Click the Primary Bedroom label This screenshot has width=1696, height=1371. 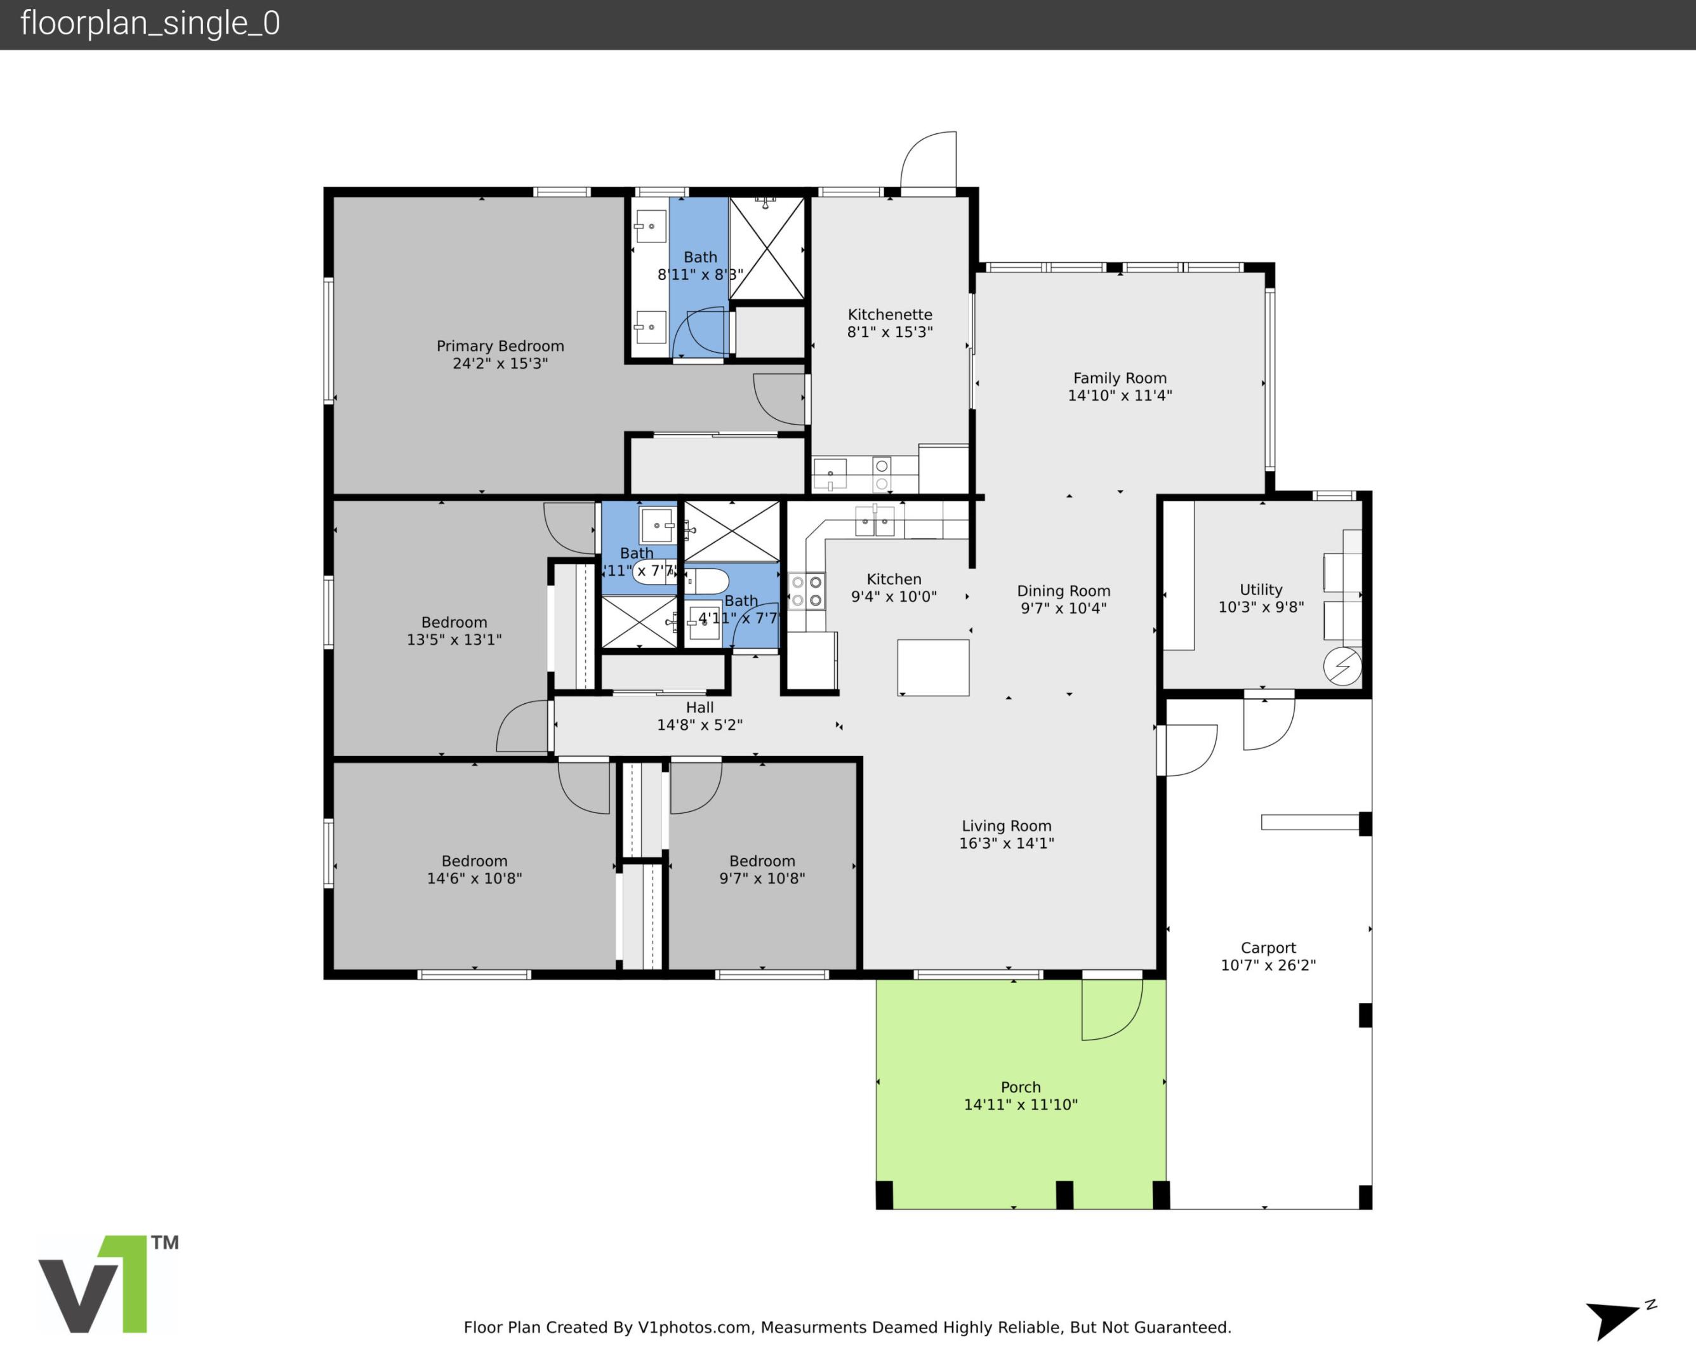(x=500, y=346)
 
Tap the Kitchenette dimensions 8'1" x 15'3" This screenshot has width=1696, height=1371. (x=890, y=333)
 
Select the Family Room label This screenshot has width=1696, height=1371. (x=1120, y=378)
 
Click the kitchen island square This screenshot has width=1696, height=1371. (x=932, y=667)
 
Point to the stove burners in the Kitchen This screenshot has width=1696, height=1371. (x=807, y=592)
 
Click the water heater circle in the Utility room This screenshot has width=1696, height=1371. (x=1342, y=666)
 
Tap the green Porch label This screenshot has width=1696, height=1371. (x=1020, y=1087)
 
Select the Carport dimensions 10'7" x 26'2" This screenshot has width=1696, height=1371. (x=1268, y=965)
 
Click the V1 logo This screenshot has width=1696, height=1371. (x=107, y=1284)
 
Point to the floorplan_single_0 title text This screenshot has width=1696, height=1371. (x=150, y=23)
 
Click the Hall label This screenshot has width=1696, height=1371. (x=699, y=708)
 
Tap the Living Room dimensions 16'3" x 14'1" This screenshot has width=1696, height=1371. (x=1006, y=844)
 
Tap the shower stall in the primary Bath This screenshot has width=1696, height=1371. (x=766, y=248)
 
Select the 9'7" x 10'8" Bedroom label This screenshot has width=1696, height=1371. (x=762, y=861)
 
